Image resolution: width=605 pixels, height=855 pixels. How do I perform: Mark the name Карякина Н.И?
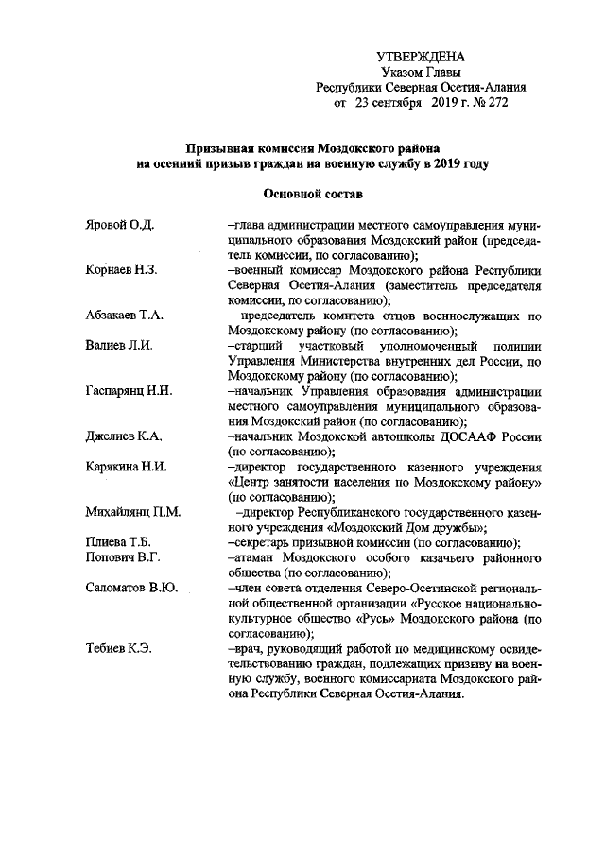click(125, 467)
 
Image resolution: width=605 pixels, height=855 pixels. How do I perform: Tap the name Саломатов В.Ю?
click(130, 589)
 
